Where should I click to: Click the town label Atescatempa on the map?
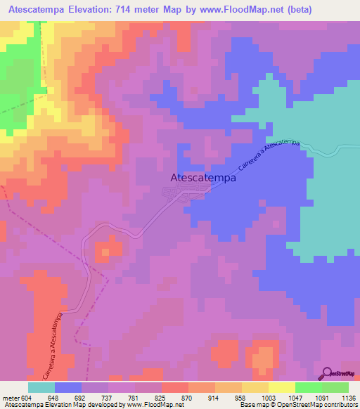point(203,178)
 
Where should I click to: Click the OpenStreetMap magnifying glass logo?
point(328,373)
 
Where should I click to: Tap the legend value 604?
point(28,397)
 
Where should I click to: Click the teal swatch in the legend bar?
point(41,387)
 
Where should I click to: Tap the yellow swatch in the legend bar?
point(281,387)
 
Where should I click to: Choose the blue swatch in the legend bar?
point(68,387)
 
